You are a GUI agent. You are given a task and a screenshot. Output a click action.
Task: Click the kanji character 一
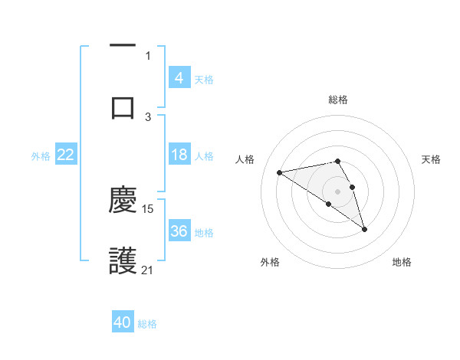(123, 46)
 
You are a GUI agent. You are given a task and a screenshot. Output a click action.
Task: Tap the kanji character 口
(123, 107)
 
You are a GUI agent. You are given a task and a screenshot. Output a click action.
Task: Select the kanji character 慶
(123, 200)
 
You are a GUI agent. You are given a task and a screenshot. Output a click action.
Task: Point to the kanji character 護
(123, 261)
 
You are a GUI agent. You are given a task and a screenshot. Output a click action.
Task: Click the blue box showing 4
(179, 78)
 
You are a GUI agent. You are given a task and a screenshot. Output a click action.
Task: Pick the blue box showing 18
(179, 155)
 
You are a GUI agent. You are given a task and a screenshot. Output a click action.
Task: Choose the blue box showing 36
(179, 231)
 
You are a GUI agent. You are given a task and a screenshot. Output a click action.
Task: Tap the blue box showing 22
(66, 155)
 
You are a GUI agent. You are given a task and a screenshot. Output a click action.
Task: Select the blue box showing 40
(123, 322)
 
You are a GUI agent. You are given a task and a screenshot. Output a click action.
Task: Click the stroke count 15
(148, 208)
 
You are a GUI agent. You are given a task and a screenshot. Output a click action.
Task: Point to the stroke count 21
(148, 270)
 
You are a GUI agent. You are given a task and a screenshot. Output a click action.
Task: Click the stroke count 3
(148, 116)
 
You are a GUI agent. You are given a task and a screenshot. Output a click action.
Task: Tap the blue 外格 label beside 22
(41, 155)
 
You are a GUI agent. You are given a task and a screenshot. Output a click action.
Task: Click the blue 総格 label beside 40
(147, 324)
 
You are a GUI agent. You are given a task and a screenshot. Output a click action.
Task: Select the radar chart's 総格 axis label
(338, 100)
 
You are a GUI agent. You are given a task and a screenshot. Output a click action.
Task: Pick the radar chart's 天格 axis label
(431, 159)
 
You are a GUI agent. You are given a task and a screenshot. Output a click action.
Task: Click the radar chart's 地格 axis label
(402, 263)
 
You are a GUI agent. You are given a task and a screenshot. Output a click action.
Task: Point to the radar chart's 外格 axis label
(270, 263)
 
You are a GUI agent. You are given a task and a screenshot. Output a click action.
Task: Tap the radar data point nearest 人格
(279, 172)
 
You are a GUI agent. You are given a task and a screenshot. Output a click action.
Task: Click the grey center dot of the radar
(337, 191)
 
